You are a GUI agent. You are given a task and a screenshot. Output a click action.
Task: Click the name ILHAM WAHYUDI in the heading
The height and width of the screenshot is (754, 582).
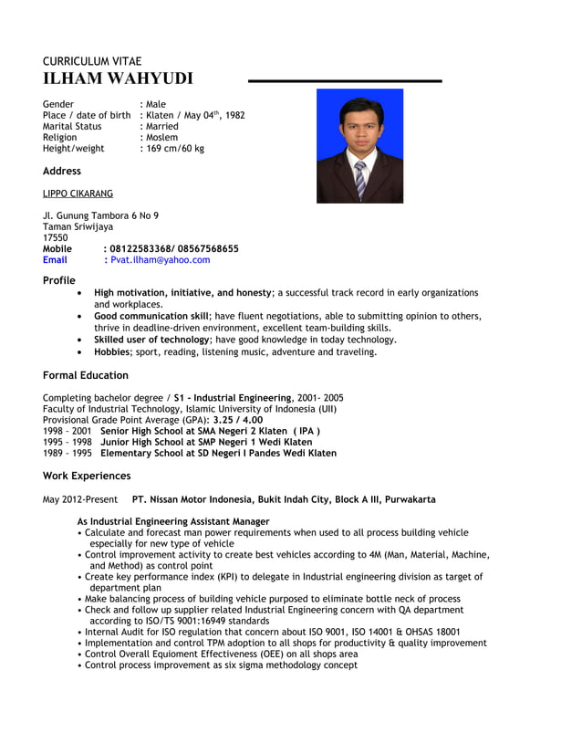[x=118, y=79]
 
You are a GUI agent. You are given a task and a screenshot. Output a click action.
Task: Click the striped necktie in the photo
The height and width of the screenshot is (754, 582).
[x=360, y=179]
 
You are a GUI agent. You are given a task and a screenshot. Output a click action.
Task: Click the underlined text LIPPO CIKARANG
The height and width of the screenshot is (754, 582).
[x=78, y=194]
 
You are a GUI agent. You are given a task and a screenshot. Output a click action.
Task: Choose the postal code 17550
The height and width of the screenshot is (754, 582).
[x=56, y=237]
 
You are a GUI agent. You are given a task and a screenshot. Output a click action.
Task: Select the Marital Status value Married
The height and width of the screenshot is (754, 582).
[x=162, y=126]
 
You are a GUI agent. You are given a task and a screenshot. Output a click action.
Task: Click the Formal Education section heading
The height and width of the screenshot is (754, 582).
[x=86, y=375]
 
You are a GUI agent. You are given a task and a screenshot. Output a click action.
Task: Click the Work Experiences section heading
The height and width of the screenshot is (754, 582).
[x=87, y=476]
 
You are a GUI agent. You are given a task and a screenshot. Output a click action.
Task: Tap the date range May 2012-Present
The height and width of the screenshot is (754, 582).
[x=80, y=500]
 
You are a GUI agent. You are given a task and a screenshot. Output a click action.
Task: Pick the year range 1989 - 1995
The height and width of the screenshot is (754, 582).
[x=67, y=453]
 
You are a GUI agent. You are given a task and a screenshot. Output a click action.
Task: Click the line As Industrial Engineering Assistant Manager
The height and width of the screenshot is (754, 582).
[x=173, y=521]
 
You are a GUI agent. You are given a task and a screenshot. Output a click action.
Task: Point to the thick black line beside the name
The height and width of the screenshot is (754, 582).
[x=345, y=82]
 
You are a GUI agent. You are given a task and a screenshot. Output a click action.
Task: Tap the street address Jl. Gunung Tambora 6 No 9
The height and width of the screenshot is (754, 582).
[x=100, y=215]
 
